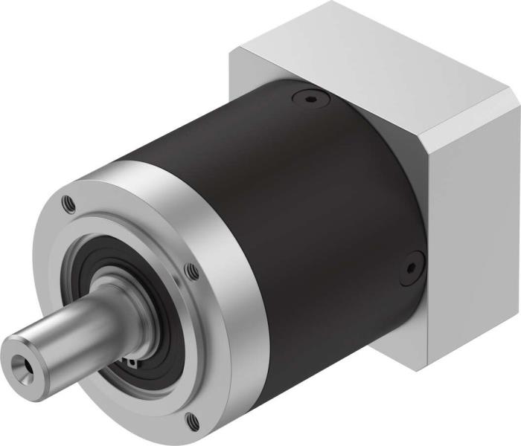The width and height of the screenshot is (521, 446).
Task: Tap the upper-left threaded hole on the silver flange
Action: click(x=69, y=199)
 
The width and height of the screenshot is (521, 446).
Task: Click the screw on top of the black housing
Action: click(x=307, y=97)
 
